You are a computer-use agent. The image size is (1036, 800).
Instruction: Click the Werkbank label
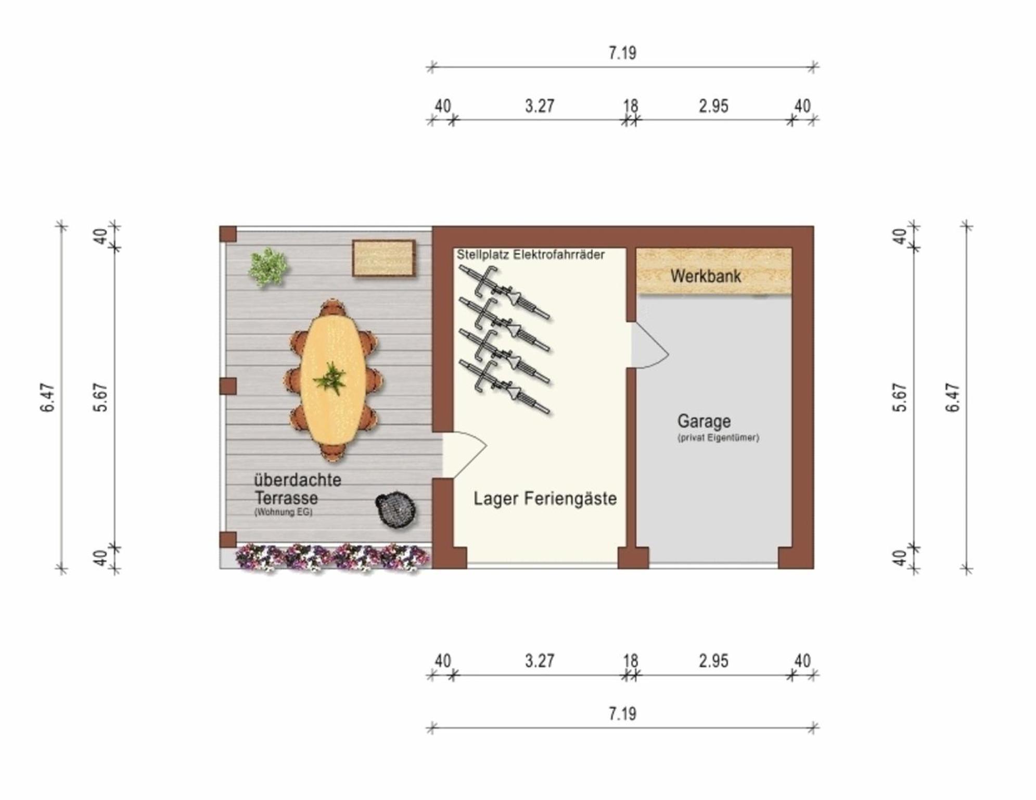pyautogui.click(x=705, y=276)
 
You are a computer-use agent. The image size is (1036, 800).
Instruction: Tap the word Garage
pyautogui.click(x=704, y=420)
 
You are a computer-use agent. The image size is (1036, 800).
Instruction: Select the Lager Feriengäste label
pyautogui.click(x=545, y=498)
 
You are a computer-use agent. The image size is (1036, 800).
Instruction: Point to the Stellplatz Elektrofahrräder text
pyautogui.click(x=531, y=255)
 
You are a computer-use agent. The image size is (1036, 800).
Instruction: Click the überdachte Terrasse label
pyautogui.click(x=297, y=489)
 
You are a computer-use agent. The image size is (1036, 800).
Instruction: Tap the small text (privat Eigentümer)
pyautogui.click(x=718, y=438)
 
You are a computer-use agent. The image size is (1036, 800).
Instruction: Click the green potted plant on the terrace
pyautogui.click(x=267, y=267)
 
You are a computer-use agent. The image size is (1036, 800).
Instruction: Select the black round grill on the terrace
pyautogui.click(x=396, y=509)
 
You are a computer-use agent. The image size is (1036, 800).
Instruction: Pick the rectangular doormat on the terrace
pyautogui.click(x=383, y=258)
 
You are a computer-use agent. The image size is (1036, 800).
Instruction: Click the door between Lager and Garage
pyautogui.click(x=649, y=345)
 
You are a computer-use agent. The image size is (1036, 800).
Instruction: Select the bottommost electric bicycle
pyautogui.click(x=504, y=387)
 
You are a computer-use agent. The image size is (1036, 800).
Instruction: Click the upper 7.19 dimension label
pyautogui.click(x=622, y=53)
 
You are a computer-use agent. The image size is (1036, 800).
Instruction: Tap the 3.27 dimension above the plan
pyautogui.click(x=540, y=106)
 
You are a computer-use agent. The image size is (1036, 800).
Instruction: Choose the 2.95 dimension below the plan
pyautogui.click(x=713, y=661)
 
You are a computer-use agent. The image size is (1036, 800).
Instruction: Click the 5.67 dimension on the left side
pyautogui.click(x=101, y=397)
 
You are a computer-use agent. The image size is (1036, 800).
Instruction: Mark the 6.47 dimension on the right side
pyautogui.click(x=953, y=397)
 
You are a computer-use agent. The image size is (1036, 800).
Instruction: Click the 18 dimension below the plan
pyautogui.click(x=631, y=661)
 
